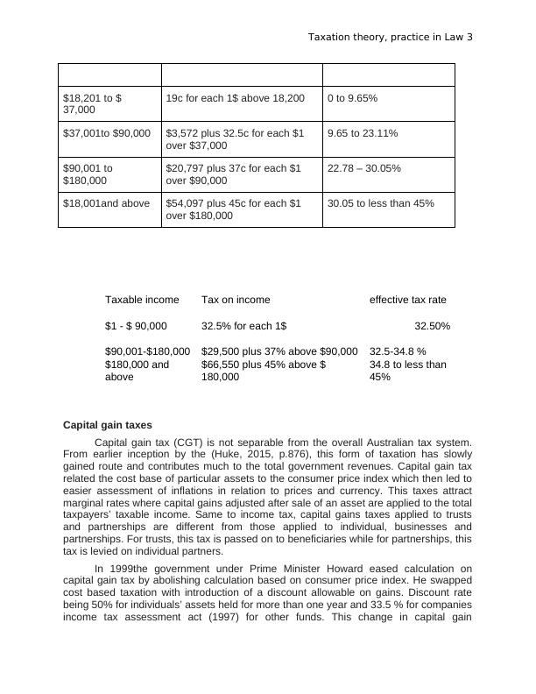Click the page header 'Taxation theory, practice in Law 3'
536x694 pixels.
(391, 38)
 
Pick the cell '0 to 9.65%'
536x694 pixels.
(352, 99)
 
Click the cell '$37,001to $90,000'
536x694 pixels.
(107, 133)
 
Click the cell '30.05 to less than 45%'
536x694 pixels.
(380, 203)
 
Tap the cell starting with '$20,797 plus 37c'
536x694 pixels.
(235, 174)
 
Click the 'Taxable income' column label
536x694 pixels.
(142, 300)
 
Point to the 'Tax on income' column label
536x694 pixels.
(236, 300)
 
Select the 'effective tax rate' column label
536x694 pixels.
(408, 300)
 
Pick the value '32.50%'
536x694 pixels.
(432, 326)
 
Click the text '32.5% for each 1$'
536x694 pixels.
(243, 326)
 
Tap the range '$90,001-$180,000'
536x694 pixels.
(147, 351)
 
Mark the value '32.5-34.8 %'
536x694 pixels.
(398, 351)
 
